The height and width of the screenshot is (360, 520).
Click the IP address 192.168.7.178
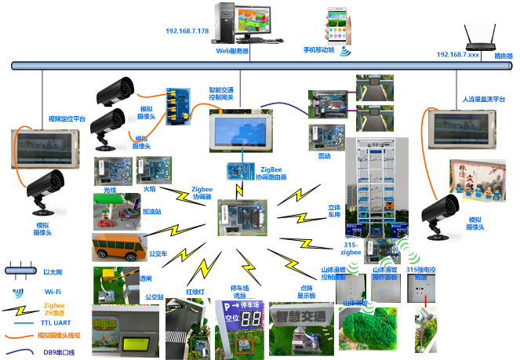pos(187,31)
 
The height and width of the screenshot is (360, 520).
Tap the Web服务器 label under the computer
pos(232,50)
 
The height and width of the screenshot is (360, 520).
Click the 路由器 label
pos(504,56)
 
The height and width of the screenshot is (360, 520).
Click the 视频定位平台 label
pos(66,118)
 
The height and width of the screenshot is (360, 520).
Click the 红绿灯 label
pos(195,291)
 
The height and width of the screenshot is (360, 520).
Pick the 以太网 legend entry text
pos(53,271)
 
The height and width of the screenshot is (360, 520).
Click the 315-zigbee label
pos(350,249)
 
